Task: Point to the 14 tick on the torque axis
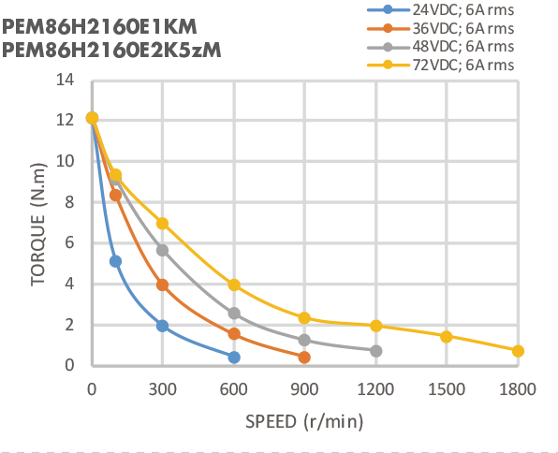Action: [x=65, y=79]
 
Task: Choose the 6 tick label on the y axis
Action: [x=69, y=242]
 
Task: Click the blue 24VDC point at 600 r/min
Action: [x=233, y=358]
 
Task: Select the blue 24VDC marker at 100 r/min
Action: [x=115, y=261]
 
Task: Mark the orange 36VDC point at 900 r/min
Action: [x=304, y=358]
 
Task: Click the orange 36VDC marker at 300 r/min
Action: [x=162, y=285]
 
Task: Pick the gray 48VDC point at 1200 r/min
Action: [x=375, y=351]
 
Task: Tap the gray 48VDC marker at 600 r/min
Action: [x=233, y=314]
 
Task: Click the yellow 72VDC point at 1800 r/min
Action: [x=518, y=351]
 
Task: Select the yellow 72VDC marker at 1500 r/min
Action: [x=447, y=337]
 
